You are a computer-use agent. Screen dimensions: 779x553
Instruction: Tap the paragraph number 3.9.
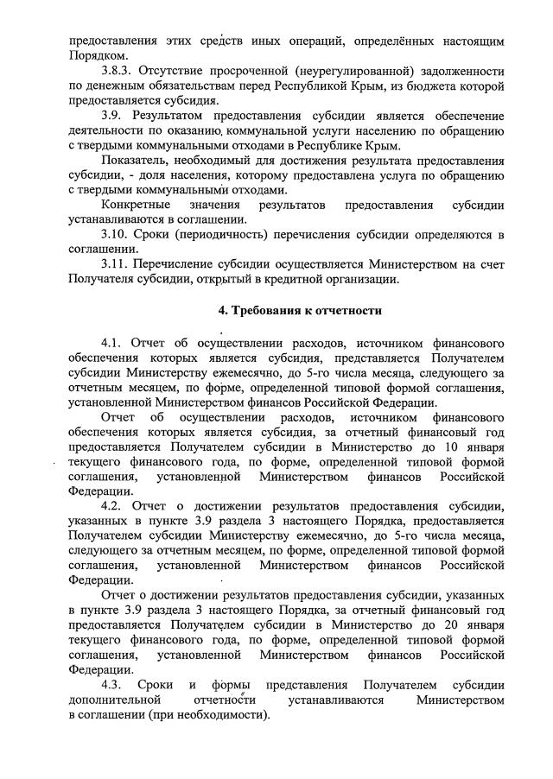[111, 115]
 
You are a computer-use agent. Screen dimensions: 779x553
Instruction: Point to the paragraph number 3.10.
[115, 235]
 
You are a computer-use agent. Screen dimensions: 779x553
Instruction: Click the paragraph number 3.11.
[115, 264]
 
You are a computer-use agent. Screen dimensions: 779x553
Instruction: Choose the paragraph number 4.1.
[111, 344]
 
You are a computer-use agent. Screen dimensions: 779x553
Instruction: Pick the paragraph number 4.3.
[111, 685]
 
